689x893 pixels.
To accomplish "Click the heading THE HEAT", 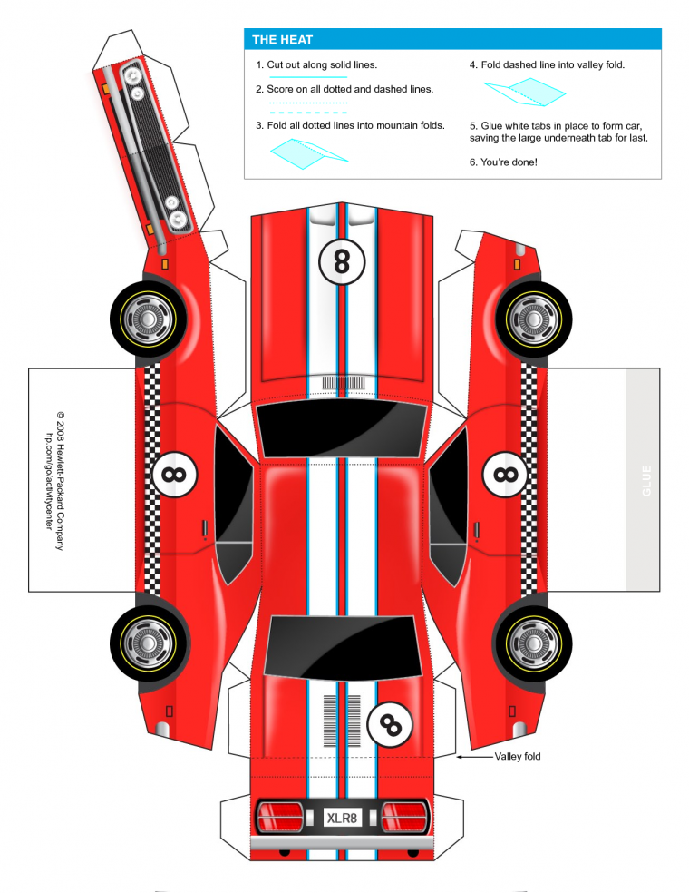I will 282,39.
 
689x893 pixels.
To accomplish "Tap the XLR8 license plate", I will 342,818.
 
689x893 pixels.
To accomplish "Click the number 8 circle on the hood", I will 341,261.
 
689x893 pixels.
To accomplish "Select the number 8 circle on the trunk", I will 390,723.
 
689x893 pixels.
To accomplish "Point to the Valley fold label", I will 518,756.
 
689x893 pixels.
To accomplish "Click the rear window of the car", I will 341,646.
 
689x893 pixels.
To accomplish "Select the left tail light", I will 280,816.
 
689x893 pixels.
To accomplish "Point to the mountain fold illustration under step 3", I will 308,153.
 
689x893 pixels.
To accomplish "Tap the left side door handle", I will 206,528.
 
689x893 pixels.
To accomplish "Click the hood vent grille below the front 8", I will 341,383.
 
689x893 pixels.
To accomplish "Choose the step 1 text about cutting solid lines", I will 315,65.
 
